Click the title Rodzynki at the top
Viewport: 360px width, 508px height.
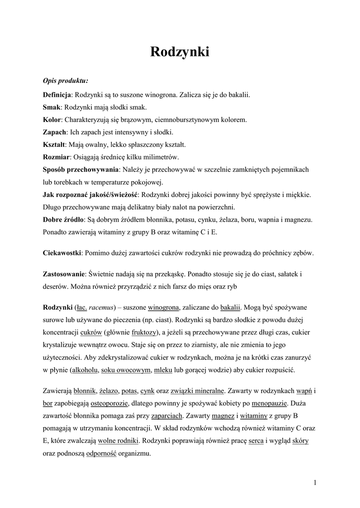(179, 52)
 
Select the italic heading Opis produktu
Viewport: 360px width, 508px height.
(66, 81)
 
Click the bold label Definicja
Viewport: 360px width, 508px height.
(58, 94)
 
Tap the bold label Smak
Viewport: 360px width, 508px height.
(52, 107)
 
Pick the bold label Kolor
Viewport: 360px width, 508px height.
(52, 120)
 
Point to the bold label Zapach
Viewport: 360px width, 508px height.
(54, 132)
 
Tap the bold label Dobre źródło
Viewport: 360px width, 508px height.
(63, 219)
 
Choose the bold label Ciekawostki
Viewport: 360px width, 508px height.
(62, 253)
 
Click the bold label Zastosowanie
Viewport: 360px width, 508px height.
(64, 274)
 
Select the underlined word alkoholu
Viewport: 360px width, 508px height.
(84, 370)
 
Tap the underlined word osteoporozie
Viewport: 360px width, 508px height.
(109, 403)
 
